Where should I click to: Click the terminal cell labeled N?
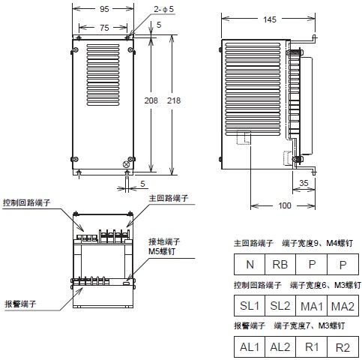(249, 265)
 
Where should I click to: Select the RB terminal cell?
(280, 265)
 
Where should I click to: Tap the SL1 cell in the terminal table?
(249, 307)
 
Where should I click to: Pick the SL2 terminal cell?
(280, 307)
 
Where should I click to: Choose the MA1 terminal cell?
(311, 307)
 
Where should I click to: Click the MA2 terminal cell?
(342, 307)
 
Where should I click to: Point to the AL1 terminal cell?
(249, 347)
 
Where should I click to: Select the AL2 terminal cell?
(280, 347)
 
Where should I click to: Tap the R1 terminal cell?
(311, 347)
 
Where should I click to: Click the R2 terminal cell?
(342, 347)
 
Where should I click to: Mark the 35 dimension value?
(304, 181)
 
